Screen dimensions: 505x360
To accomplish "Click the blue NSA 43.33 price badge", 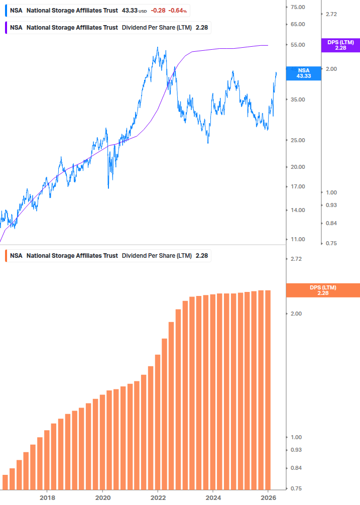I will pyautogui.click(x=304, y=73).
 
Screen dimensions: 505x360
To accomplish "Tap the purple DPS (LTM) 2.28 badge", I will pyautogui.click(x=340, y=45).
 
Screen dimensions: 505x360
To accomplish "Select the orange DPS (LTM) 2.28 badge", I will pyautogui.click(x=322, y=290).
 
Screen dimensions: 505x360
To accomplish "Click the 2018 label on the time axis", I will pyautogui.click(x=47, y=498).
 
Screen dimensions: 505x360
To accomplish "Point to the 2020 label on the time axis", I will pyautogui.click(x=102, y=498).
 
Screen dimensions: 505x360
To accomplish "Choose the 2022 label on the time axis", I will pyautogui.click(x=158, y=498).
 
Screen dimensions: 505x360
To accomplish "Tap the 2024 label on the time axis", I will pyautogui.click(x=213, y=498).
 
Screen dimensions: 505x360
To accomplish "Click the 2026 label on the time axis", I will pyautogui.click(x=269, y=498).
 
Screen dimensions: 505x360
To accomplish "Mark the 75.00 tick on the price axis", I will pyautogui.click(x=298, y=7).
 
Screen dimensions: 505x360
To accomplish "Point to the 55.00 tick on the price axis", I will pyautogui.click(x=298, y=45).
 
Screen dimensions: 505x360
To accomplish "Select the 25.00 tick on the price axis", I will pyautogui.click(x=298, y=140).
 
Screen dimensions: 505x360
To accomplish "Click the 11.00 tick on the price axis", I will pyautogui.click(x=298, y=239).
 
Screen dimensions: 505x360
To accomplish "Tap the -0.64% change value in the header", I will pyautogui.click(x=177, y=11).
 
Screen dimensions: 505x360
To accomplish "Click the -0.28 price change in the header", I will pyautogui.click(x=158, y=11).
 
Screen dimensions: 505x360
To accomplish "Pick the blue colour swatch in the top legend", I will pyautogui.click(x=6, y=11).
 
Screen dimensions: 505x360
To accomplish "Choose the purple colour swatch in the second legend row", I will pyautogui.click(x=6, y=28).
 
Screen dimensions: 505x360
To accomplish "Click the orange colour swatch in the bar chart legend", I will pyautogui.click(x=6, y=256).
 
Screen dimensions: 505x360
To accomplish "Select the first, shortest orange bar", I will pyautogui.click(x=6, y=482).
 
